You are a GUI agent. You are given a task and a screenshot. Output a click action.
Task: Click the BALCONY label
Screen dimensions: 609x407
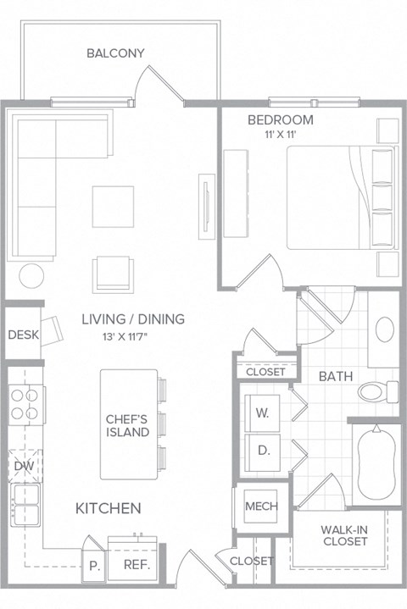pos(115,53)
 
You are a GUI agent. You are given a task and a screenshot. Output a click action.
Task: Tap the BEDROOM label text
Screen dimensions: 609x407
pos(280,119)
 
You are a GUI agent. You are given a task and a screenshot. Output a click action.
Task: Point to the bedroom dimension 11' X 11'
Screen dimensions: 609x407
pos(280,134)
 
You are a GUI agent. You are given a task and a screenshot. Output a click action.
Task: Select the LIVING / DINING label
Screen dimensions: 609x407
pos(133,319)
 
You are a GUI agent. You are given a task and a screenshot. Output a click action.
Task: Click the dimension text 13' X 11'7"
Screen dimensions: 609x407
pos(133,335)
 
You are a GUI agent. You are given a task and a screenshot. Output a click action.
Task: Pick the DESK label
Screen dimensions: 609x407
pos(23,335)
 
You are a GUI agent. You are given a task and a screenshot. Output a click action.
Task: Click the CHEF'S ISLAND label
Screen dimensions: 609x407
pos(127,425)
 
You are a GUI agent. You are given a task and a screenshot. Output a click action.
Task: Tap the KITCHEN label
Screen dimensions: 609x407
pos(109,508)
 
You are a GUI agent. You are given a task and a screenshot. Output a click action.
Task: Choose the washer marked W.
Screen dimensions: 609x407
pos(263,413)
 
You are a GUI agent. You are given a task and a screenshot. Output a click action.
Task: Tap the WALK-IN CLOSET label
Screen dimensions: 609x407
pos(344,536)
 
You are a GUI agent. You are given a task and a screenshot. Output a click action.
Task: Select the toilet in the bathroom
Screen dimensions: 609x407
pos(378,391)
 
